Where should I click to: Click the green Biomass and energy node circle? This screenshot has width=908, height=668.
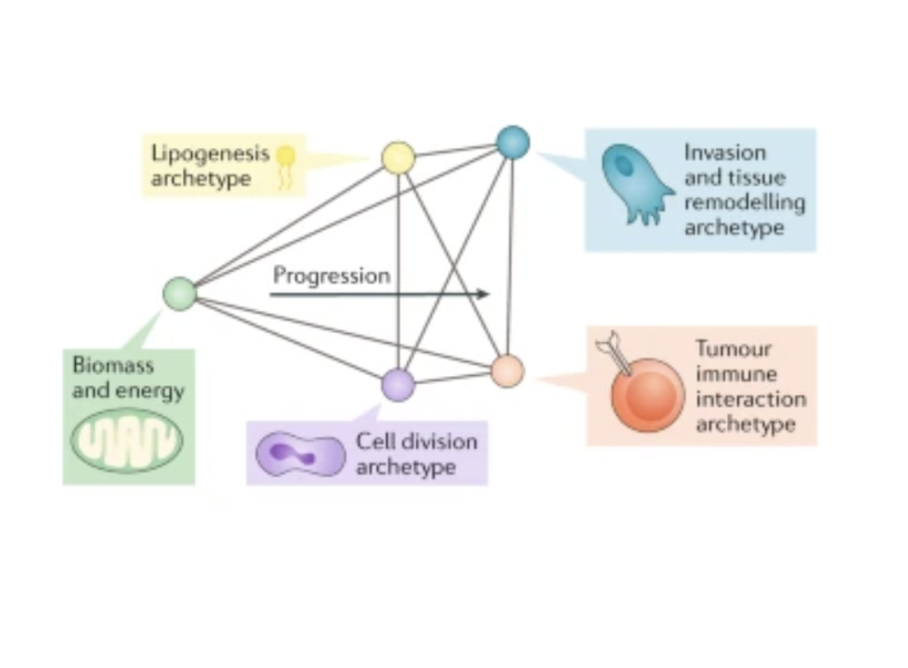tap(180, 294)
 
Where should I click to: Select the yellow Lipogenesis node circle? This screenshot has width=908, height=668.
tap(399, 158)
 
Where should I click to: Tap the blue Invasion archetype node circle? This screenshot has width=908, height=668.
tap(513, 143)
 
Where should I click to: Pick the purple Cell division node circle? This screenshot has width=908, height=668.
tap(399, 385)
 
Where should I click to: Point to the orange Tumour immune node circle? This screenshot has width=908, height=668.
tap(508, 372)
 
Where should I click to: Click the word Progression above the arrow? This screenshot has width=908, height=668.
tap(332, 276)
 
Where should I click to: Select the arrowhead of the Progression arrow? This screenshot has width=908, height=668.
tap(484, 294)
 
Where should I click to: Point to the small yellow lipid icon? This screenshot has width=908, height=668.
tap(287, 162)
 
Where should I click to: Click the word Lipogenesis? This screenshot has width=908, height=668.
tap(210, 155)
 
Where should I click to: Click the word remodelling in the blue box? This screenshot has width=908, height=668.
tap(745, 203)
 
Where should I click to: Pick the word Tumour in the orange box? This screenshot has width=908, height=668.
tap(733, 349)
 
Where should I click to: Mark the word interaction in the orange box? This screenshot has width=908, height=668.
tap(750, 399)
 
